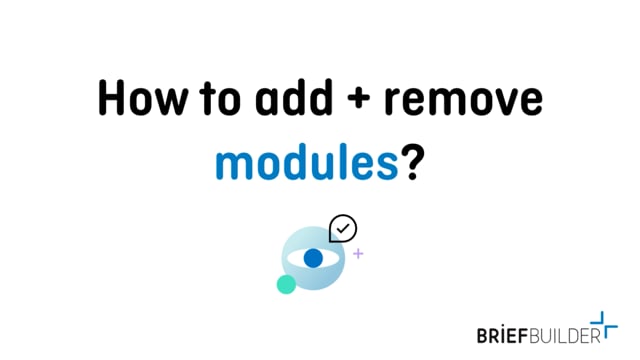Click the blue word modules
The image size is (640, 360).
[x=305, y=160]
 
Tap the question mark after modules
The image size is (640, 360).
[x=409, y=160]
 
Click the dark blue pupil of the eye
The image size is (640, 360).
[x=313, y=258]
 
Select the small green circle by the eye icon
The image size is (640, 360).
[x=286, y=284]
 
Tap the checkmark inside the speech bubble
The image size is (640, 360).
[x=343, y=228]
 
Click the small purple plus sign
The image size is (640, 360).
[x=358, y=254]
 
